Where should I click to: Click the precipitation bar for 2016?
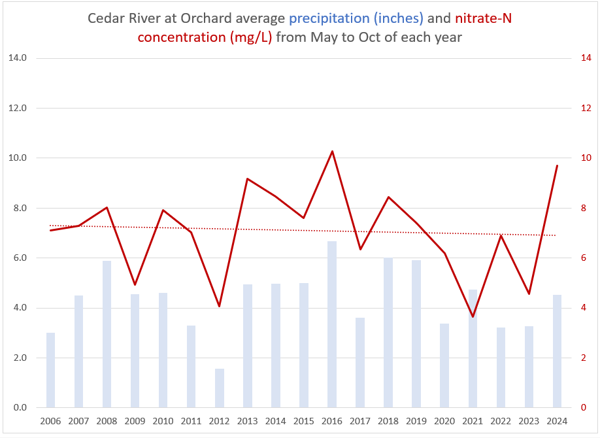pos(332,324)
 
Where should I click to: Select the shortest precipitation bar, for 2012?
pos(220,388)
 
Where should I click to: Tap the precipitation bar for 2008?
pos(107,334)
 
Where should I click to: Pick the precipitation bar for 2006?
pos(50,370)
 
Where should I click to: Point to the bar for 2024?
pos(557,351)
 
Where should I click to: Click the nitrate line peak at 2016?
pos(332,152)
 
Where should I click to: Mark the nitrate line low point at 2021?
pos(473,317)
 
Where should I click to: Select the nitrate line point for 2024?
pos(557,166)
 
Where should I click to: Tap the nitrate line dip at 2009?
pos(135,284)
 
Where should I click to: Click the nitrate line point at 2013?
pos(248,178)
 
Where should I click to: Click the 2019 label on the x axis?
pos(416,421)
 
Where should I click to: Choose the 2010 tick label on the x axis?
pos(163,421)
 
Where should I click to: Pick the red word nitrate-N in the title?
pos(483,18)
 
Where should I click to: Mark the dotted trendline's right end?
pos(556,235)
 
